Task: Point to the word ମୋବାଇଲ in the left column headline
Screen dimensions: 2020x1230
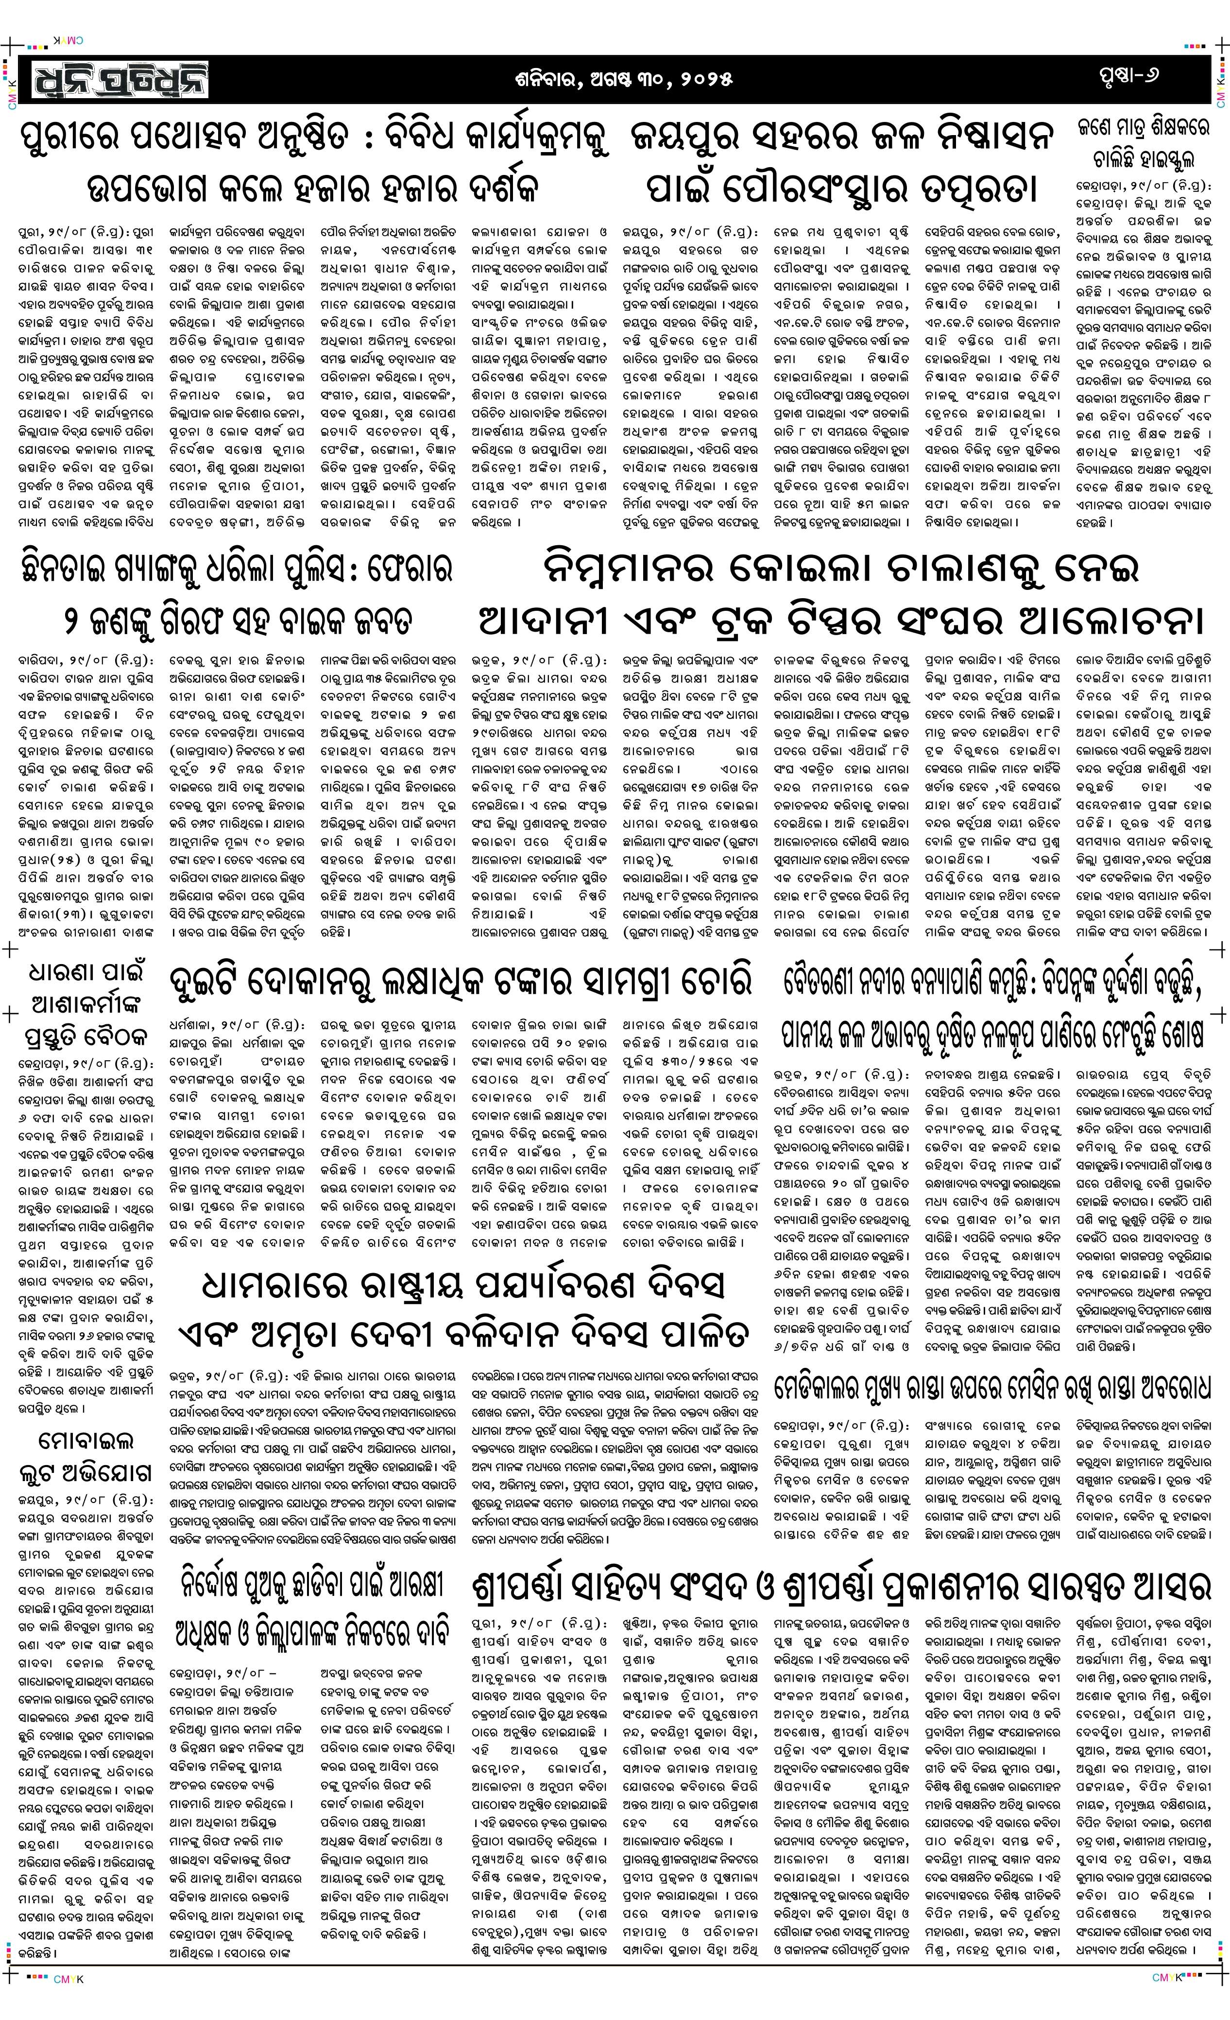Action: pos(86,1440)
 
